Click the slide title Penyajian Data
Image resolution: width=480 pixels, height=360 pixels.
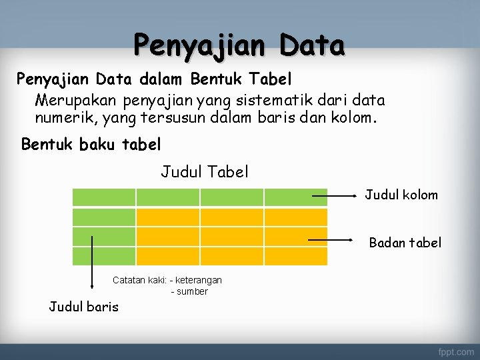coord(239,45)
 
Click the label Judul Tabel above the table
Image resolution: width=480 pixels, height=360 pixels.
coord(205,172)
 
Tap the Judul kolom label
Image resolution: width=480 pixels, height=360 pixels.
coord(401,195)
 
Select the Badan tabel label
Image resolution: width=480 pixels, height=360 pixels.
coord(405,243)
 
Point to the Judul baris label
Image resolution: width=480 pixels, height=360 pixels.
coord(84,307)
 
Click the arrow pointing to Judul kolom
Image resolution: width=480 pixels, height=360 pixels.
coord(336,196)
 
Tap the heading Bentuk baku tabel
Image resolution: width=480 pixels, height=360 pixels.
coord(91,144)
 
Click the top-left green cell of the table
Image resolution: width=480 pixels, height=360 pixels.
coord(104,197)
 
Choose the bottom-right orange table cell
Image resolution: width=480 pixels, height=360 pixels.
coord(296,256)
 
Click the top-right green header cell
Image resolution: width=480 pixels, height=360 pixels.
coord(296,197)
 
